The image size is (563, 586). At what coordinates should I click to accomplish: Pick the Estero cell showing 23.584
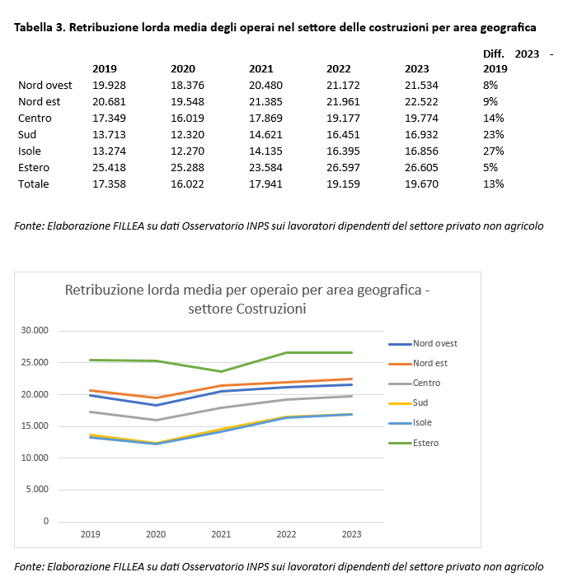pos(265,168)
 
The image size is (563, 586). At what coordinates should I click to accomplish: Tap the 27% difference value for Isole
pos(491,151)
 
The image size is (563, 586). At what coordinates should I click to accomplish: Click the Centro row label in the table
pos(35,119)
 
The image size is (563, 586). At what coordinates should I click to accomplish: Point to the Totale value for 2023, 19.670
pos(422,184)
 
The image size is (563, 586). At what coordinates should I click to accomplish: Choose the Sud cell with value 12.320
pos(186,135)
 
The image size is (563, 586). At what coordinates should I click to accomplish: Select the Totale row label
pos(34,184)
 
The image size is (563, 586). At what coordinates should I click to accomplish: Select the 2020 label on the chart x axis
pos(156,534)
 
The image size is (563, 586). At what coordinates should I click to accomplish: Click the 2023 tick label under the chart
pos(351,534)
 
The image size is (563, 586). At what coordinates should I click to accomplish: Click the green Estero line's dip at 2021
pos(221,371)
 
